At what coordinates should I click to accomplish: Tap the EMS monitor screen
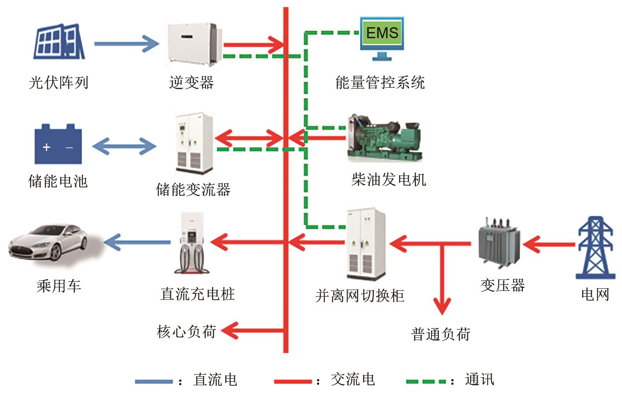pyautogui.click(x=382, y=33)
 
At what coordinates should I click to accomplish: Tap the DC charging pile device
pyautogui.click(x=192, y=244)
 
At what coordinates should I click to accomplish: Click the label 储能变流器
pyautogui.click(x=193, y=190)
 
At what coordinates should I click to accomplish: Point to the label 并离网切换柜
pyautogui.click(x=360, y=295)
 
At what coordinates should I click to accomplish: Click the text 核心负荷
pyautogui.click(x=187, y=331)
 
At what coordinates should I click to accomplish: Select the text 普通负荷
pyautogui.click(x=441, y=334)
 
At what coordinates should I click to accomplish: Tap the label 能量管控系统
pyautogui.click(x=380, y=82)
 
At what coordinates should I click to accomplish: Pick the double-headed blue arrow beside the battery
pyautogui.click(x=124, y=147)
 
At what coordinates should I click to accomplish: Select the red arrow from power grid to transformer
pyautogui.click(x=549, y=244)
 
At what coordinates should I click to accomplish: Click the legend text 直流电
pyautogui.click(x=215, y=380)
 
